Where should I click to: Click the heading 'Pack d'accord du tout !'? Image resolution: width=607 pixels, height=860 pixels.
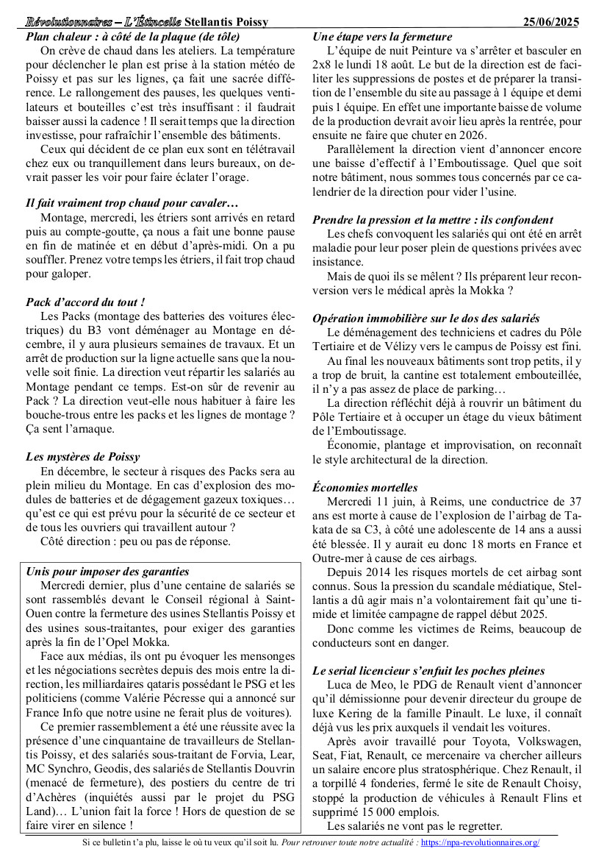click(85, 302)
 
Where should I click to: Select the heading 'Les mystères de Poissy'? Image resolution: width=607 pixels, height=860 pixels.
click(82, 456)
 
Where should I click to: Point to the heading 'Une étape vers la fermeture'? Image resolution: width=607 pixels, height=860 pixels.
click(382, 37)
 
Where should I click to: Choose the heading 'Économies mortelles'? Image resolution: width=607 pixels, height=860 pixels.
click(364, 488)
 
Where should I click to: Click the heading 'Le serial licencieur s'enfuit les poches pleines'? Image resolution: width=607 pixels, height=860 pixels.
click(428, 671)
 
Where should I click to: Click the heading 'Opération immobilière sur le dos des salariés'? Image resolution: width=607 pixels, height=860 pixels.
click(425, 319)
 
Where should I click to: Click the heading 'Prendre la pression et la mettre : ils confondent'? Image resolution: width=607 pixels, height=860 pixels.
click(433, 220)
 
